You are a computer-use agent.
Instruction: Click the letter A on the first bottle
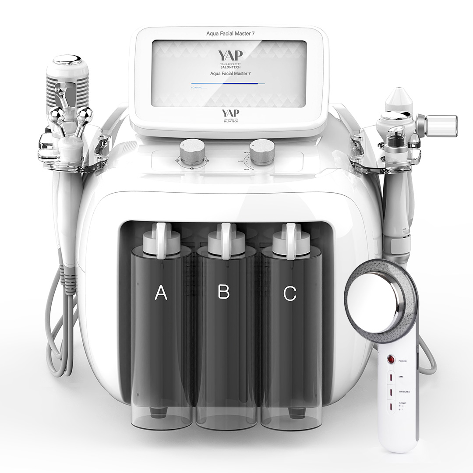[161, 293]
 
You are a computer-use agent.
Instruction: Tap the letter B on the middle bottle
[224, 292]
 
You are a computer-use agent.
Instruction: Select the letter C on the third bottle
[290, 293]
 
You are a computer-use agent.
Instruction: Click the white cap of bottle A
[160, 239]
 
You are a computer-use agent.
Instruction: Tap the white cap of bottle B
[224, 239]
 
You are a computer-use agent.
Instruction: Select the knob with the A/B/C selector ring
[192, 152]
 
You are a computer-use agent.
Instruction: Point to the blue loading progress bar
[228, 83]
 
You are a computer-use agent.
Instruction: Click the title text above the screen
[230, 33]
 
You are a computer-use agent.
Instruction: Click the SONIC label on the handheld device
[402, 402]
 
